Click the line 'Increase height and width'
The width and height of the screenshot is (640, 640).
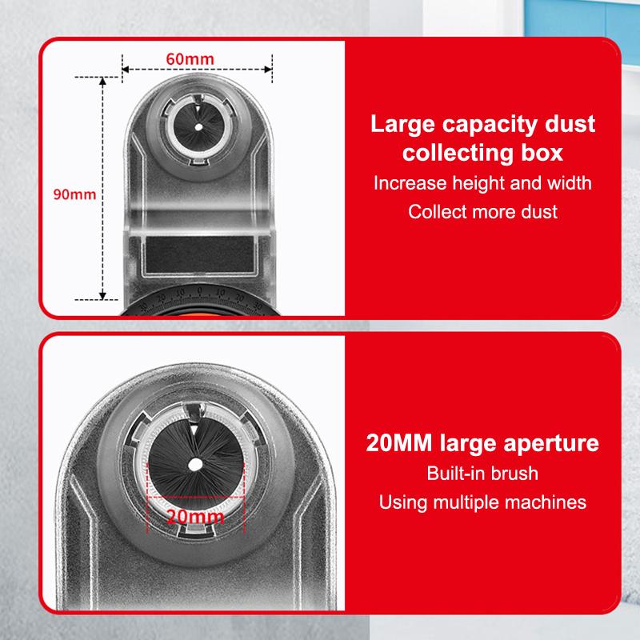click(482, 182)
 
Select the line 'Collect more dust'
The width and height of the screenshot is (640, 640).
click(482, 212)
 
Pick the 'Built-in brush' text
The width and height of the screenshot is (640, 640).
click(482, 474)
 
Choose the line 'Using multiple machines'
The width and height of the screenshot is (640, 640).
click(482, 502)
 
